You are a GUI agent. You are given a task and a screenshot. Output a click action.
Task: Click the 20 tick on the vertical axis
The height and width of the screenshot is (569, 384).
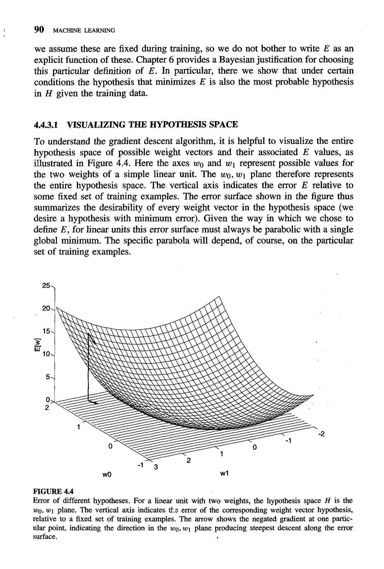click(46, 308)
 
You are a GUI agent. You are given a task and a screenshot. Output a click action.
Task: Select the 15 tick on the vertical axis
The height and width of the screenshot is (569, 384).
click(46, 331)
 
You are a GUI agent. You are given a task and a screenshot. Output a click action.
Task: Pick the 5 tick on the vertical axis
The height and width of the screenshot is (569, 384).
click(48, 377)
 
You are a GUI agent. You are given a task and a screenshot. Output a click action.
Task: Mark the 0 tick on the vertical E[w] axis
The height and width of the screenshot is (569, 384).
click(48, 400)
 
